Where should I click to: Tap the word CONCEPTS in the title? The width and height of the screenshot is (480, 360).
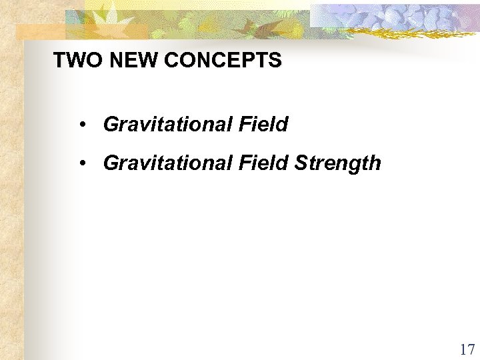[x=222, y=61]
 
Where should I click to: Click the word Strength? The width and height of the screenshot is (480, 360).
[x=338, y=163]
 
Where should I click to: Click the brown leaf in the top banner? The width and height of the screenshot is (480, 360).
[x=254, y=27]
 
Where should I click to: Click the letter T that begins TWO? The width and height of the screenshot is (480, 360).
[x=59, y=61]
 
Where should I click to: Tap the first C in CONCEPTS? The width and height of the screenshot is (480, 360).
[x=169, y=61]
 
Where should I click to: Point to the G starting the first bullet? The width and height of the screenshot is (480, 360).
[x=111, y=124]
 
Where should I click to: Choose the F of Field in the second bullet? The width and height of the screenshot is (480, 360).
[x=243, y=163]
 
